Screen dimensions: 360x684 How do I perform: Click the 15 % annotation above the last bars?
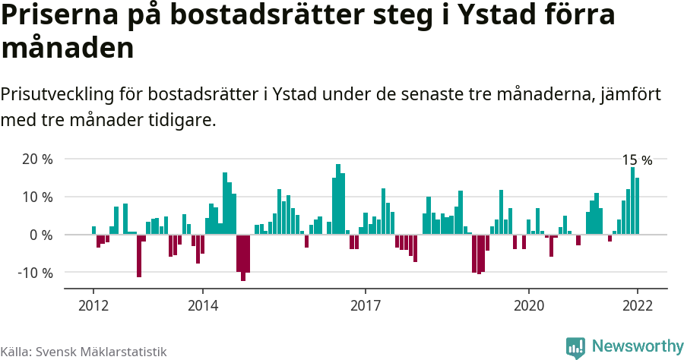pyautogui.click(x=637, y=160)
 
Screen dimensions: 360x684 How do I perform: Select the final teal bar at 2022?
pyautogui.click(x=637, y=206)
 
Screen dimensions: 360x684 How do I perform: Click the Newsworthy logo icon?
pyautogui.click(x=575, y=346)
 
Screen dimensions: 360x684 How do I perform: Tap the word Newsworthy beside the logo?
pyautogui.click(x=637, y=346)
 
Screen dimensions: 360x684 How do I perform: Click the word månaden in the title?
pyautogui.click(x=68, y=48)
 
